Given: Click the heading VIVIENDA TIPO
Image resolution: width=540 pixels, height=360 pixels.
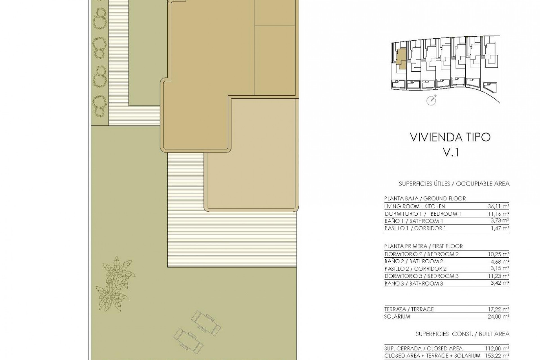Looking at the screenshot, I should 450,137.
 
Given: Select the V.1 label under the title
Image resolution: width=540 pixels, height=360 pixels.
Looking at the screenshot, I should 451,152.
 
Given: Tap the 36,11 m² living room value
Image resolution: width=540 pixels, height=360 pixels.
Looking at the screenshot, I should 498,206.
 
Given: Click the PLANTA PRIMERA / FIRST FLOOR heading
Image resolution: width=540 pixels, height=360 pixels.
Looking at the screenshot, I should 423,246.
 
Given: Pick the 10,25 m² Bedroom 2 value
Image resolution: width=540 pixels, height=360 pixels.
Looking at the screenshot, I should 498,254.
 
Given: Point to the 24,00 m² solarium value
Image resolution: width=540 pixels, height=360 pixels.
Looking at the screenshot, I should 498,317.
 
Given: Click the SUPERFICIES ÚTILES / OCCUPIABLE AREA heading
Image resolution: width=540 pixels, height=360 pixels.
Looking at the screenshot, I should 454,184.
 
